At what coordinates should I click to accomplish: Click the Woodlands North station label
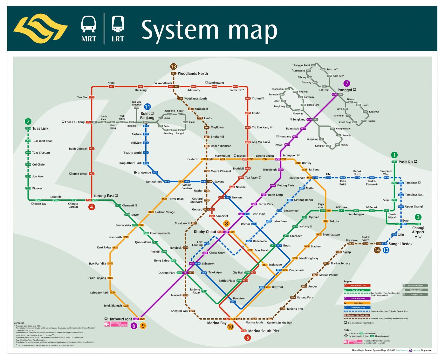[193, 73]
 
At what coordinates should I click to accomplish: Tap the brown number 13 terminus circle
[173, 66]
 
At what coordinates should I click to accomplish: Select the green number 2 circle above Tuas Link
[28, 121]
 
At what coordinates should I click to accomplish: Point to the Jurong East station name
[104, 196]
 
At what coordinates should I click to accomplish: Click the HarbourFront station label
[120, 319]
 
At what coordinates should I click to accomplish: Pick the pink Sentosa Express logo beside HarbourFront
[116, 324]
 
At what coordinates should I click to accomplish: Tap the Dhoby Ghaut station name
[205, 232]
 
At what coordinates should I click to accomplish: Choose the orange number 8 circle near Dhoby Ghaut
[226, 224]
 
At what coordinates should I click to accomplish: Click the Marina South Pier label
[264, 331]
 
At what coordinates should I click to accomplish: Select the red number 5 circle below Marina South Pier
[248, 338]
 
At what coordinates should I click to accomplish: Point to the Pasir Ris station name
[406, 162]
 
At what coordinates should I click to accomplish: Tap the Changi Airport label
[418, 230]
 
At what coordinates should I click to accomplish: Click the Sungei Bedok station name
[400, 244]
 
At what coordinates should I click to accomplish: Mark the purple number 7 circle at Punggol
[347, 84]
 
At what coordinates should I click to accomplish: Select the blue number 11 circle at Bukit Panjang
[147, 107]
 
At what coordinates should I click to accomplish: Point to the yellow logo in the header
[40, 28]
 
